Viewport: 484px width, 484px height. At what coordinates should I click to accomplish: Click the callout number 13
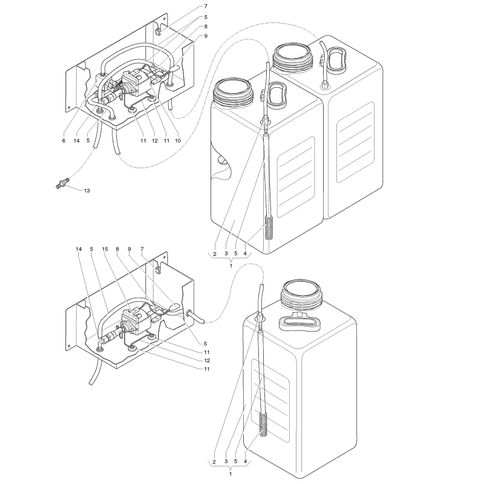coord(87,191)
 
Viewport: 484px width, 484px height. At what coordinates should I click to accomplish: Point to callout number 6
coord(63,140)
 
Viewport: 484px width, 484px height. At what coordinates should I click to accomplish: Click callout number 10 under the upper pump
coord(178,140)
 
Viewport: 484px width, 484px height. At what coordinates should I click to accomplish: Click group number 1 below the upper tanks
coord(231,265)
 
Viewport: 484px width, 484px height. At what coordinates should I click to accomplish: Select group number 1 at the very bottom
coord(231,474)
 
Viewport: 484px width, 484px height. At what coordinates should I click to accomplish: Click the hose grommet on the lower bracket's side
coord(190,315)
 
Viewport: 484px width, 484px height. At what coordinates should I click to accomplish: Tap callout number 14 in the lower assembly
coord(79,249)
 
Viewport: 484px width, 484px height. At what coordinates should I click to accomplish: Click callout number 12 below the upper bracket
coord(155,140)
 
